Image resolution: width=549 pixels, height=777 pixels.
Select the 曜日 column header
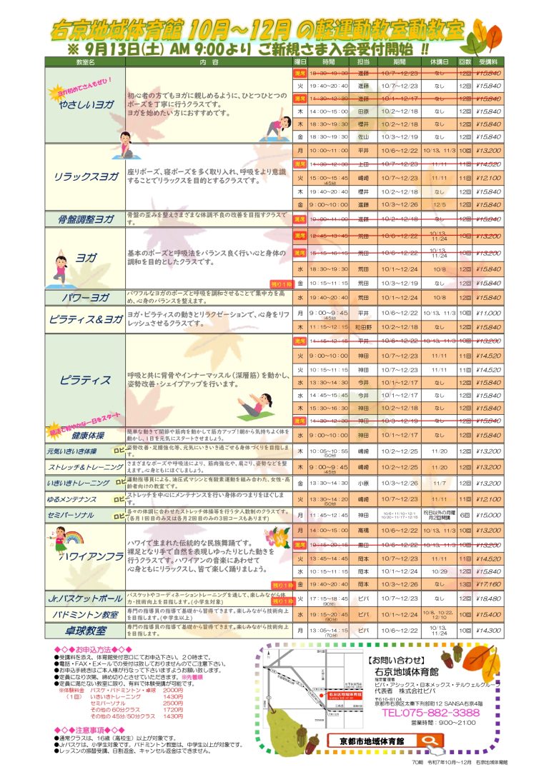click(300, 63)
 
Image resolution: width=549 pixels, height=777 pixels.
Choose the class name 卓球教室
click(85, 631)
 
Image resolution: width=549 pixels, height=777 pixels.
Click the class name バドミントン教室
click(85, 614)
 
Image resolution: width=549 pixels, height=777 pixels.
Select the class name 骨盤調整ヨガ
click(85, 219)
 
